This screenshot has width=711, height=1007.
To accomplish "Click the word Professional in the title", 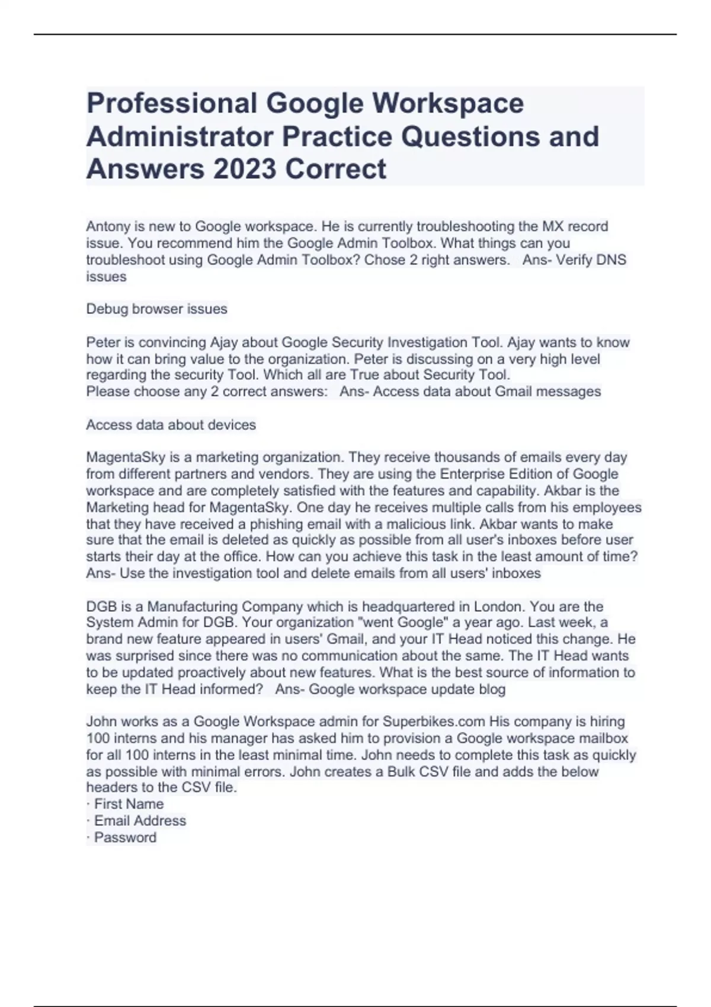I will (171, 103).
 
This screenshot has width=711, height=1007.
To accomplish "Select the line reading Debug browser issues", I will (156, 309).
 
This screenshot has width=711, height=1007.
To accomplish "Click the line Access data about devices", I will (171, 425).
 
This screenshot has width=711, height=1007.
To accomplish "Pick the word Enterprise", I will (469, 474).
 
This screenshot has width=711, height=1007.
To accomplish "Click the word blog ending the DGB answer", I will (492, 689).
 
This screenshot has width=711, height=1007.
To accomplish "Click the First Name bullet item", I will (128, 804).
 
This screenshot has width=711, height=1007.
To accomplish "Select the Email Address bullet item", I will (139, 820).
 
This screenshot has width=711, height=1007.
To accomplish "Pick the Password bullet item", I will (124, 837).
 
